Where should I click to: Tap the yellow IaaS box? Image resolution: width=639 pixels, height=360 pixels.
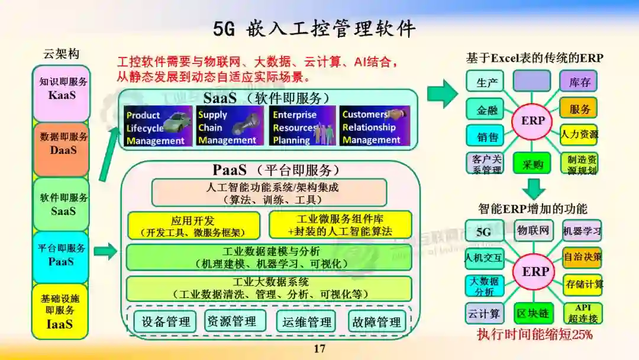[61, 311]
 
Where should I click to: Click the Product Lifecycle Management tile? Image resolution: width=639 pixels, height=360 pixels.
[158, 126]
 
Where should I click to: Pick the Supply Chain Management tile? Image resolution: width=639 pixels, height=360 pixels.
[230, 126]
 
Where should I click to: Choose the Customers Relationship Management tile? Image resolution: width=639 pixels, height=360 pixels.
[374, 126]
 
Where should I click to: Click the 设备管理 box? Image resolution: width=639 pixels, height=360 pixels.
[166, 322]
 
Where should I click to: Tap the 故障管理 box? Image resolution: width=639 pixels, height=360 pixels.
[377, 322]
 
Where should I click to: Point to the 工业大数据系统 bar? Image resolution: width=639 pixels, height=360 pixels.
[269, 288]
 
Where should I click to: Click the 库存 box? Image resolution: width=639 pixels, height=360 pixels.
[579, 81]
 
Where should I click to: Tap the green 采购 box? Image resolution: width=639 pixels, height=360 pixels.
[531, 163]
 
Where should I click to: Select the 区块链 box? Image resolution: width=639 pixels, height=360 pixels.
[531, 312]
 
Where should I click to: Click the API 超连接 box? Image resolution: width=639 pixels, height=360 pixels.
[583, 313]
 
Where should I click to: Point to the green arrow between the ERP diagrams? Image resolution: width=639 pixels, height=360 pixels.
[534, 188]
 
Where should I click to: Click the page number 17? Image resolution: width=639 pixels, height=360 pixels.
[319, 349]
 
